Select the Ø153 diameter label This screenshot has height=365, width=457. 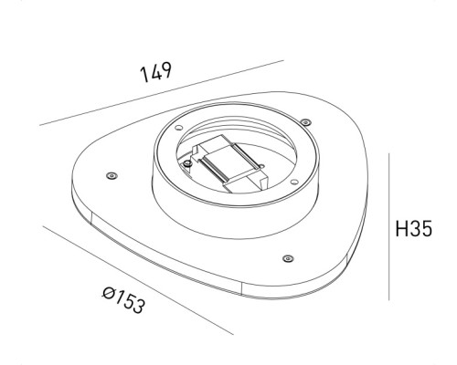point(123,300)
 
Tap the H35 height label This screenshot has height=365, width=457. point(415,227)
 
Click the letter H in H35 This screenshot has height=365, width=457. point(401,227)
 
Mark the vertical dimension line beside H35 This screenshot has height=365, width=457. point(391,227)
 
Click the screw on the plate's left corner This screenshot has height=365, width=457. point(111,174)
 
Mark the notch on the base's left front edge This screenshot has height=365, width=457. point(95,216)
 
